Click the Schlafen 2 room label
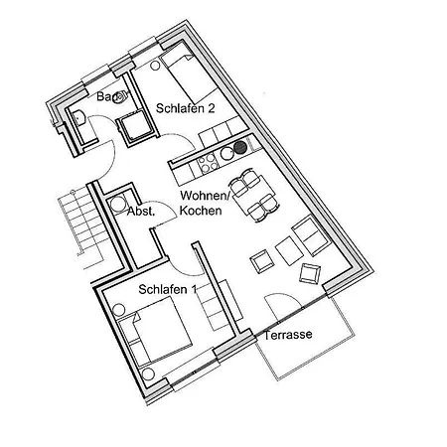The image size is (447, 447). click(185, 108)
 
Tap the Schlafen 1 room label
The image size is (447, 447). click(168, 289)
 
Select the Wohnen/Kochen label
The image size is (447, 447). click(205, 203)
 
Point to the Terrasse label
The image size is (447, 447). click(288, 335)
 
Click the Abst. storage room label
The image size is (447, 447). click(141, 212)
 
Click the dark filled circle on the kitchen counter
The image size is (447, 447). click(240, 148)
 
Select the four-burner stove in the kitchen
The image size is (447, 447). click(208, 164)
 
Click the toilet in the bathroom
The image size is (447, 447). click(121, 96)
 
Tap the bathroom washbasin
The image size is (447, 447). click(79, 118)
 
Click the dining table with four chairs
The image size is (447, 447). click(254, 197)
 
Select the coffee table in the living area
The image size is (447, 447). click(289, 250)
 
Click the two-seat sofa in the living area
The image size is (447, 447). click(310, 234)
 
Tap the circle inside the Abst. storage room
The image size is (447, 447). click(117, 204)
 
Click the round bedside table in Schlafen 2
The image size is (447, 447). click(155, 66)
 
